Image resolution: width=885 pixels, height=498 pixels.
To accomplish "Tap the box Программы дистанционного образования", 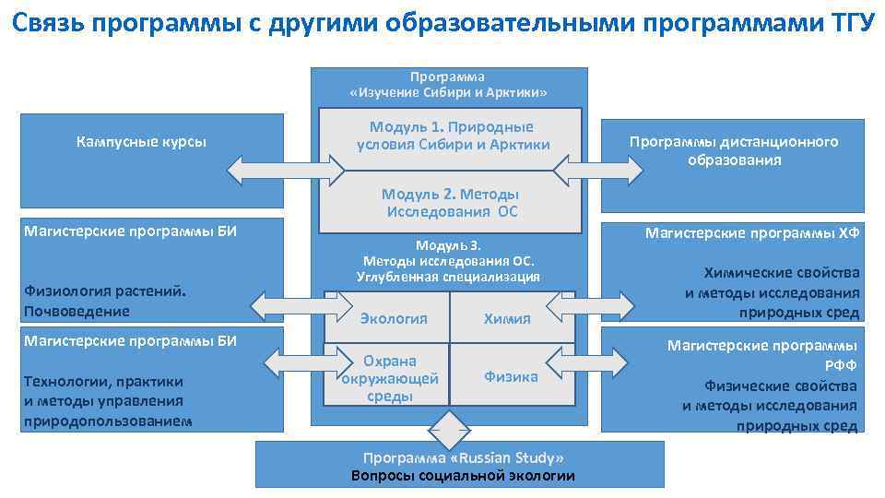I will coord(734,151).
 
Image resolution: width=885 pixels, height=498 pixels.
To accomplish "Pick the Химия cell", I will coord(507,318).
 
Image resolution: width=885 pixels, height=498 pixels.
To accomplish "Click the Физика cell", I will coord(511,376).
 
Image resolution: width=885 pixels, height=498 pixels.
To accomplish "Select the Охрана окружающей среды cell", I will coord(390,377).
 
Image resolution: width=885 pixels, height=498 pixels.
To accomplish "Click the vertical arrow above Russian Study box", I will coord(451,429).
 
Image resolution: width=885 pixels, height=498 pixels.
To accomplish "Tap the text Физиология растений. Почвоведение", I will coord(105,302).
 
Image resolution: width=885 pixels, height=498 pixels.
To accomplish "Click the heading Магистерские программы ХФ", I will coord(752,233).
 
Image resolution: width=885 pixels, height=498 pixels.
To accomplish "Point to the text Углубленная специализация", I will coord(448,277).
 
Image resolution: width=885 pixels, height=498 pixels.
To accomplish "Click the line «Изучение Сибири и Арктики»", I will coord(448,93).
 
